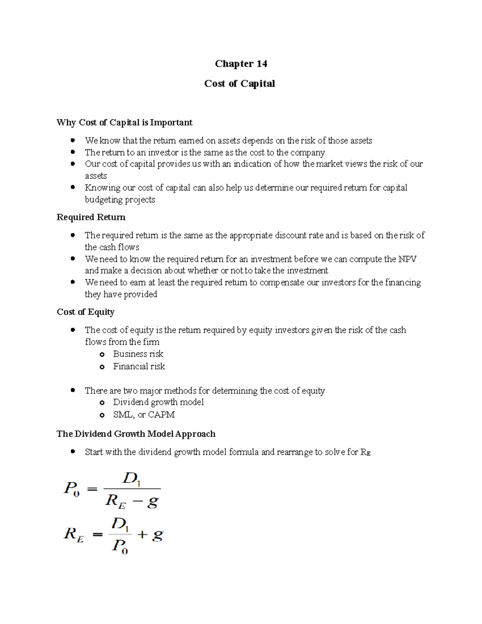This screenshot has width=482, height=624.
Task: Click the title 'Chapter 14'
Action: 241,64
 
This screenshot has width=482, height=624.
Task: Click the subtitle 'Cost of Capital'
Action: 239,84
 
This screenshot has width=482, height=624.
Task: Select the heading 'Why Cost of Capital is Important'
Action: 125,123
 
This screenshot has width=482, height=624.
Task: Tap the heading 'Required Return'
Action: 91,217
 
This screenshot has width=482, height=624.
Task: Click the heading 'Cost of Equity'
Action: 86,312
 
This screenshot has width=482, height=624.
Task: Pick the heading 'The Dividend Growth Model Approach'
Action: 136,434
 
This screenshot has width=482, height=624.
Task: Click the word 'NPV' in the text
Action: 407,259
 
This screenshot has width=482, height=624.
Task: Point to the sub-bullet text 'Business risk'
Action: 138,354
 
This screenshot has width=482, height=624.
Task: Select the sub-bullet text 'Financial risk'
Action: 139,366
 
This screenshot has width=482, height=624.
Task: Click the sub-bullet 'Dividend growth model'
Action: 158,402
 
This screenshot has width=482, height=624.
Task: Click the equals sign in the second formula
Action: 98,535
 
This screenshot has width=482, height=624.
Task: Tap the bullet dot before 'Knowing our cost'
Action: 73,187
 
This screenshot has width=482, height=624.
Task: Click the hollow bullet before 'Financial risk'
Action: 102,367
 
